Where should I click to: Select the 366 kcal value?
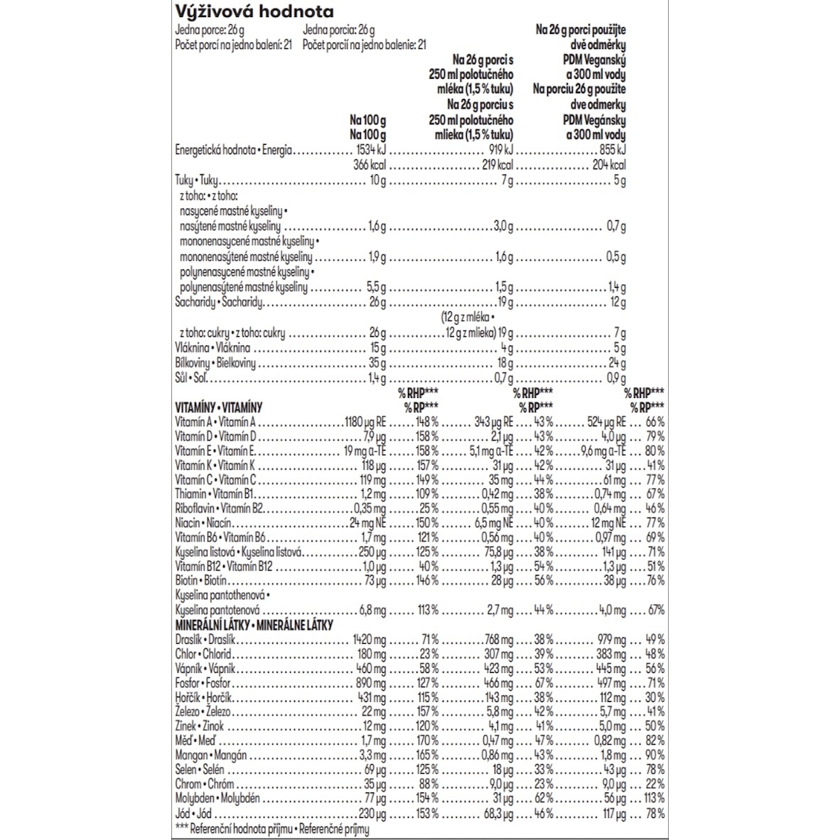pos(370,166)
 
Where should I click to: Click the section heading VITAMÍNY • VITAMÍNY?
pos(218,408)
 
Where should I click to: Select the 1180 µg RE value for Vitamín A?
pos(365,422)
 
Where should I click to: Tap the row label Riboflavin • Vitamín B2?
pos(219,509)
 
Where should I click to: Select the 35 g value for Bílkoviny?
pos(377,364)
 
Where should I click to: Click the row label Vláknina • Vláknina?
pos(212,349)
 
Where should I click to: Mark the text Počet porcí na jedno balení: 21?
pos(235,44)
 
